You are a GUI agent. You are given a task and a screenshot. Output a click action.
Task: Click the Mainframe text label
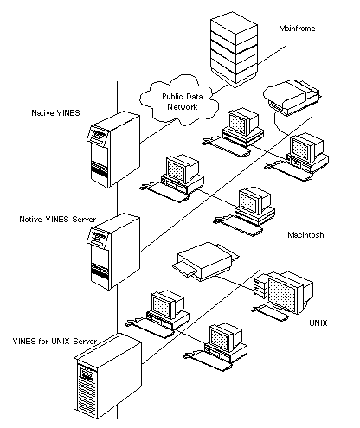point(297,29)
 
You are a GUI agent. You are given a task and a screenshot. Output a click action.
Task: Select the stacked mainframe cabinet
point(234,49)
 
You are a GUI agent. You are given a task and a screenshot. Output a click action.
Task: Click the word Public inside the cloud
point(171,97)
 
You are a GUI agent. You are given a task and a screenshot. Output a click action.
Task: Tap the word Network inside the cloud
point(183,107)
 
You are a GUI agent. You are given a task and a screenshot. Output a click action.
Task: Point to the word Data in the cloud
point(194,97)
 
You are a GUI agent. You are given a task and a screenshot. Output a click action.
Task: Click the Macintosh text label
point(305,235)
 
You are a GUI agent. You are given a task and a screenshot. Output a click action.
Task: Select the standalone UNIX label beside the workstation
point(318,323)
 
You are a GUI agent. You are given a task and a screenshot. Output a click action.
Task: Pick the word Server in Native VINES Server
point(84,220)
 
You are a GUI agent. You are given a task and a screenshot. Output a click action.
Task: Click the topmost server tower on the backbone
point(113,150)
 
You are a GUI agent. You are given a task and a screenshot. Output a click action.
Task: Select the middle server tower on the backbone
point(113,252)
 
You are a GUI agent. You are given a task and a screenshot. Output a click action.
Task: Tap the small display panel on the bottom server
point(87,374)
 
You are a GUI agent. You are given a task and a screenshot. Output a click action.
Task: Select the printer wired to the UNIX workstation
point(206,261)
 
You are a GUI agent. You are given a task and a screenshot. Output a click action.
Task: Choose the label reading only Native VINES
point(55,112)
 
